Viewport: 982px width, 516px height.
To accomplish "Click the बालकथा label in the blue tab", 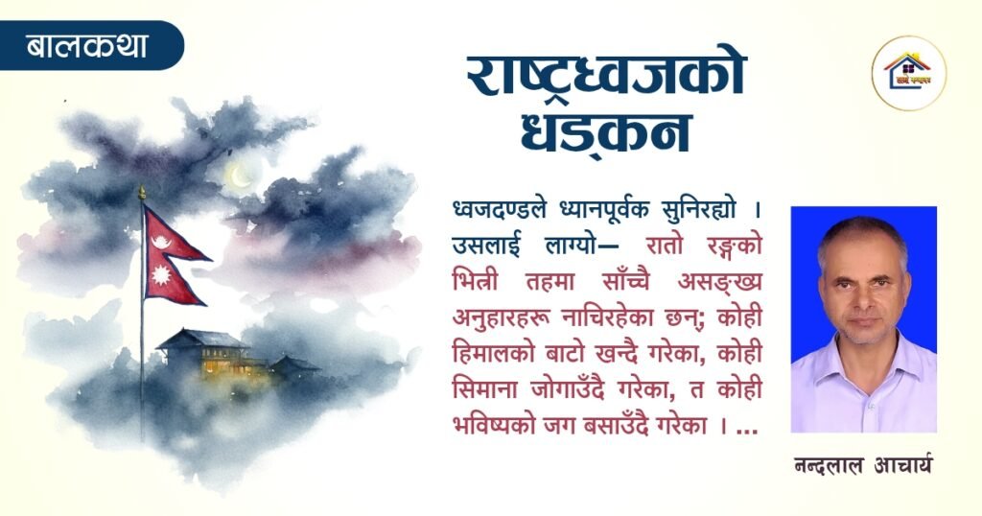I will tap(87, 45).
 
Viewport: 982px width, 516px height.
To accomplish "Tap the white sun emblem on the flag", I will tap(162, 275).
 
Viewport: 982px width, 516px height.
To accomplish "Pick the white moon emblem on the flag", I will tap(161, 241).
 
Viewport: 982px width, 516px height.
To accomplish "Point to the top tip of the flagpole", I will tap(142, 189).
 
